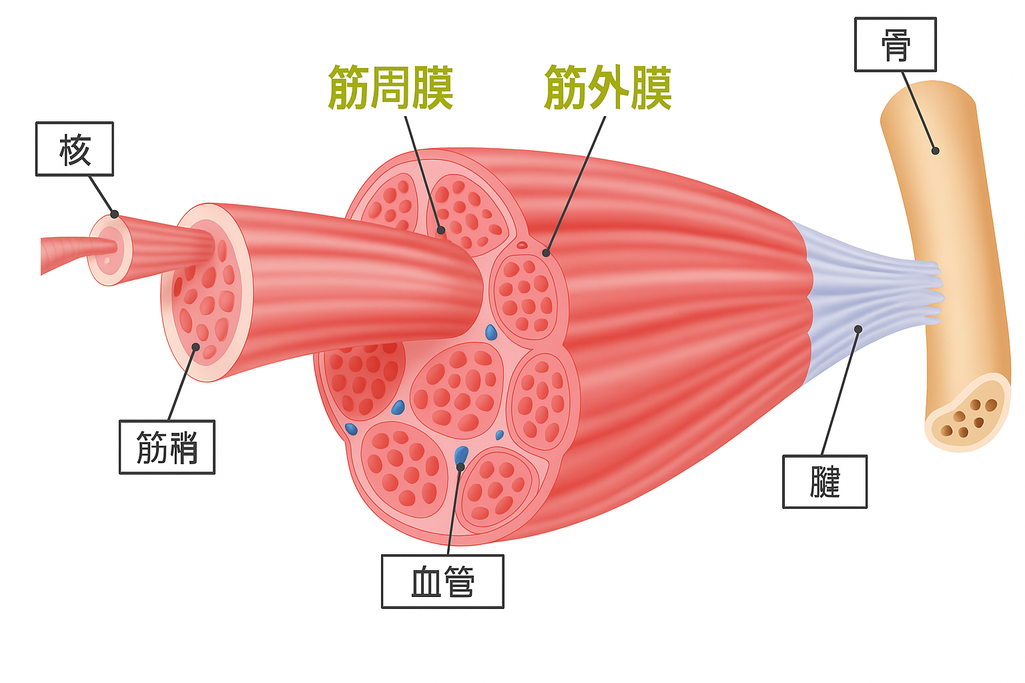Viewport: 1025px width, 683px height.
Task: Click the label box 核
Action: tap(74, 149)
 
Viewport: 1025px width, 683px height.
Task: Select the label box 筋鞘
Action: tap(167, 447)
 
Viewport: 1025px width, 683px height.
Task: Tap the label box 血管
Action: tap(442, 582)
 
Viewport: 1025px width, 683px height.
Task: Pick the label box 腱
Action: tap(825, 482)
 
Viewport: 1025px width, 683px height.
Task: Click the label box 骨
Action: tap(896, 45)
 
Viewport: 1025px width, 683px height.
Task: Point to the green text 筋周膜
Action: tap(391, 88)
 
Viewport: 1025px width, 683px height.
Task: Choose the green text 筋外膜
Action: tap(608, 88)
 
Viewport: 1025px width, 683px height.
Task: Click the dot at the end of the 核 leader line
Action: tap(115, 214)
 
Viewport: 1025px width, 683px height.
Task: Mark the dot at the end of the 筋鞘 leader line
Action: tap(196, 347)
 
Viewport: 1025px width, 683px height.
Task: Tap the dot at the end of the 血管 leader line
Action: tap(460, 467)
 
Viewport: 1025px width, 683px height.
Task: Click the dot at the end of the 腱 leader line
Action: tap(858, 329)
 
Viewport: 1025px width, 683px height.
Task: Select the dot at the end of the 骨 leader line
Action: tap(936, 151)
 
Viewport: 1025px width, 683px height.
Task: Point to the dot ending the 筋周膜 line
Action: tap(441, 231)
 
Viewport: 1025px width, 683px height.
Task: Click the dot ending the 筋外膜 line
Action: tap(546, 253)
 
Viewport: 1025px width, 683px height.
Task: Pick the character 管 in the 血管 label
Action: tap(459, 582)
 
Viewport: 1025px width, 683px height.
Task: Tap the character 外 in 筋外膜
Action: tap(608, 88)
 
